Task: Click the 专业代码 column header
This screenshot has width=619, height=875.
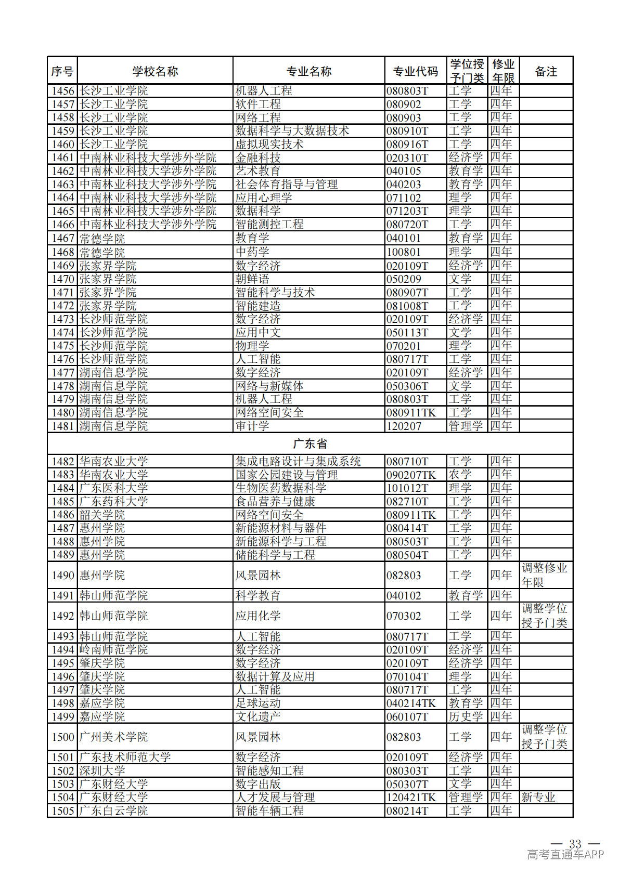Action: pyautogui.click(x=415, y=71)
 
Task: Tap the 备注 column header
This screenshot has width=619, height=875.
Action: pyautogui.click(x=546, y=71)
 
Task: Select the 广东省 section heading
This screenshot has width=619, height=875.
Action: pyautogui.click(x=310, y=443)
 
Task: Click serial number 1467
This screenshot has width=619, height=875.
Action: pyautogui.click(x=63, y=238)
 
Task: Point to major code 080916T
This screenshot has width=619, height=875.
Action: pyautogui.click(x=407, y=145)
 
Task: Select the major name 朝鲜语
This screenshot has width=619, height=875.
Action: pyautogui.click(x=252, y=279)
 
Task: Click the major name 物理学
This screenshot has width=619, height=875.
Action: pyautogui.click(x=252, y=346)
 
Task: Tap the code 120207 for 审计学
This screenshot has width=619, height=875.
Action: pyautogui.click(x=404, y=426)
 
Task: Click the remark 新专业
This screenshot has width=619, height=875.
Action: pyautogui.click(x=538, y=797)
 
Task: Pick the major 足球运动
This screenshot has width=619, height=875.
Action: pyautogui.click(x=258, y=703)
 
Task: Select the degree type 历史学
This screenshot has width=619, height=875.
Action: pyautogui.click(x=466, y=716)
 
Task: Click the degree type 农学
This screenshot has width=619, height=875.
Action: pyautogui.click(x=460, y=475)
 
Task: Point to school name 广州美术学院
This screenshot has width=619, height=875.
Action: pyautogui.click(x=113, y=737)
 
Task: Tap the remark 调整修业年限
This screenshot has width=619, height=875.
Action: pyautogui.click(x=544, y=575)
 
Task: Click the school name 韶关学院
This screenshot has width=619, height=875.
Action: pyautogui.click(x=102, y=515)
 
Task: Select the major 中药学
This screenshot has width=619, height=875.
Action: pyautogui.click(x=252, y=252)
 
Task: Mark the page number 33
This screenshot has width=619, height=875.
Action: pyautogui.click(x=575, y=844)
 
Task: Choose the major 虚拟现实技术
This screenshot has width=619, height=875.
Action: pyautogui.click(x=269, y=144)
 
